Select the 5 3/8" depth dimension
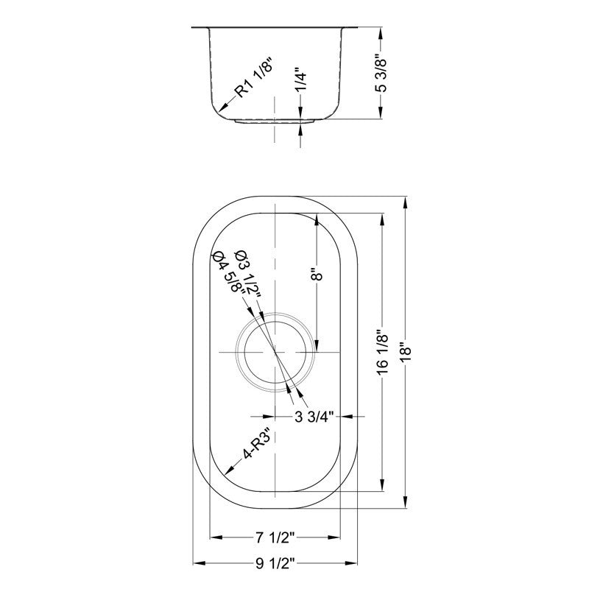[x=380, y=72]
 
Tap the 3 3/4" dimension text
[x=315, y=417]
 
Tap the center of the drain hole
[x=275, y=353]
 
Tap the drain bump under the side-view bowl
[x=275, y=119]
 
